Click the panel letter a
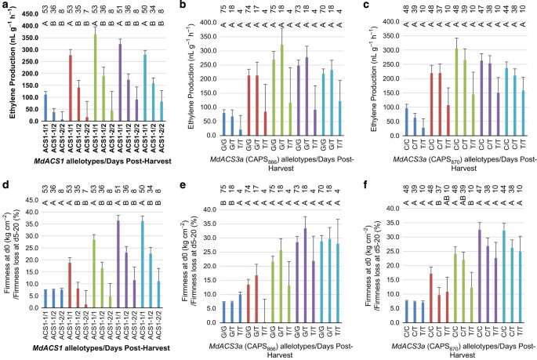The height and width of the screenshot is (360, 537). pyautogui.click(x=4, y=6)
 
